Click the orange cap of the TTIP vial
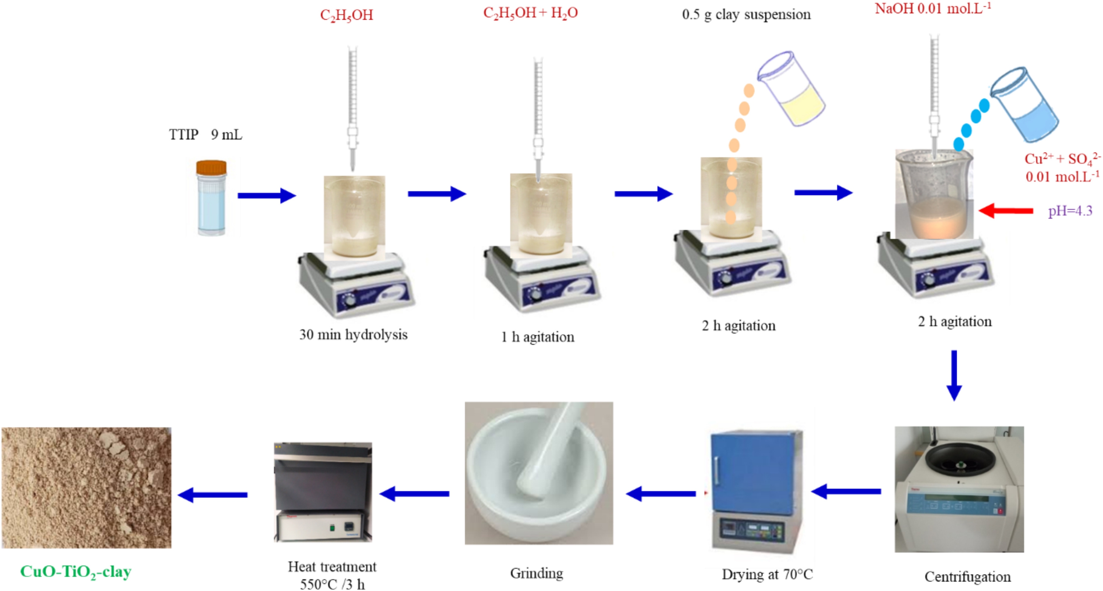[211, 167]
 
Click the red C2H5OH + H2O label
[530, 13]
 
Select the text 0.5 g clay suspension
[746, 14]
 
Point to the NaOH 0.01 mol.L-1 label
[932, 8]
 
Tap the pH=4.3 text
[1070, 210]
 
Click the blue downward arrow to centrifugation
[954, 375]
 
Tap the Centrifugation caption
[968, 577]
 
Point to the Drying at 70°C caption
[767, 574]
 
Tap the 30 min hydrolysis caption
[353, 334]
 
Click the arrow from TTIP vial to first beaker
[267, 195]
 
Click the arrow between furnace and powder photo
[212, 495]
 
